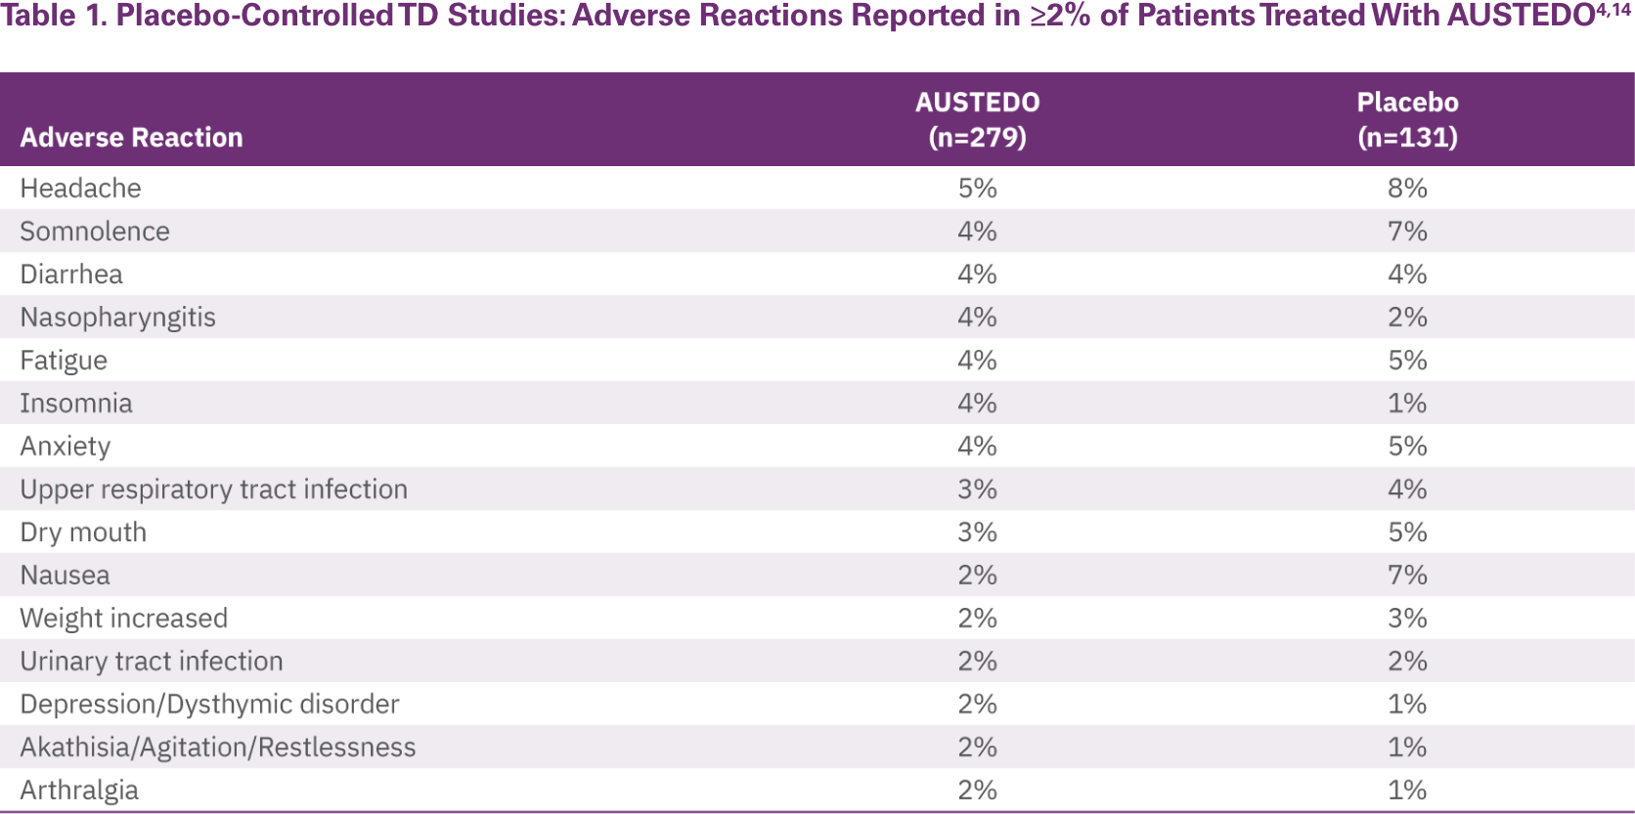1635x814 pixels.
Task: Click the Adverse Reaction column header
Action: tap(131, 138)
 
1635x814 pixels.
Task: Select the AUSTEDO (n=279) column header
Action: tap(977, 119)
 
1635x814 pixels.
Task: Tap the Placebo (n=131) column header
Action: tap(1407, 119)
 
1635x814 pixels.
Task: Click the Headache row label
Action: tap(80, 188)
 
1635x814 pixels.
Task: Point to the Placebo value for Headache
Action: tap(1407, 188)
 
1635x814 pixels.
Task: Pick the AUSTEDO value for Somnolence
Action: tap(977, 232)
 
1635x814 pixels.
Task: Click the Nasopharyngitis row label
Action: tap(117, 318)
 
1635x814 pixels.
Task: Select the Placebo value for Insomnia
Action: tap(1407, 404)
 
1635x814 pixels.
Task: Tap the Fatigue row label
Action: tap(64, 361)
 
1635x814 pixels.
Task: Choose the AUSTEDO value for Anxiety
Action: tap(977, 447)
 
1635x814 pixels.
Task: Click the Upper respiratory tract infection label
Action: tap(213, 490)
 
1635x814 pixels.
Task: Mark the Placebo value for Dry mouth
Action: tap(1407, 533)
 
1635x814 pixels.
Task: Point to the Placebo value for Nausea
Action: tap(1407, 576)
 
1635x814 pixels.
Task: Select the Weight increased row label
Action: tap(124, 619)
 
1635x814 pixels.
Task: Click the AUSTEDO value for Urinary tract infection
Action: tap(977, 662)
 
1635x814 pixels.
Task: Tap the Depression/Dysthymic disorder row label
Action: tap(209, 705)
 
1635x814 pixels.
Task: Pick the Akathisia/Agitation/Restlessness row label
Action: tap(217, 748)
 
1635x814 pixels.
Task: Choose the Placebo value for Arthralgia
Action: tap(1407, 791)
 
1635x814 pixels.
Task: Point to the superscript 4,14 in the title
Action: tap(1613, 10)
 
